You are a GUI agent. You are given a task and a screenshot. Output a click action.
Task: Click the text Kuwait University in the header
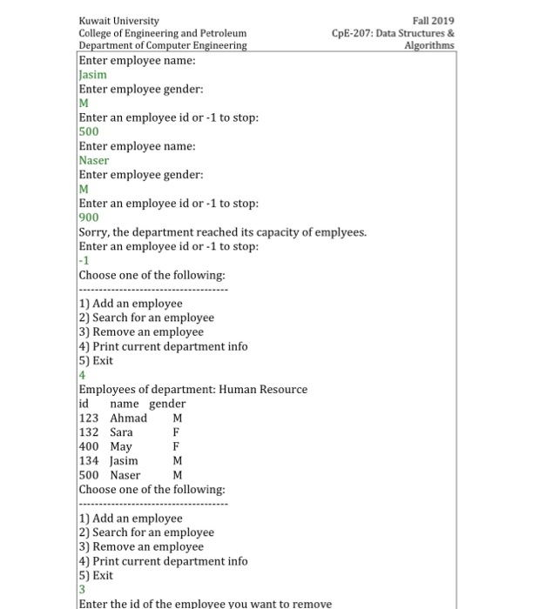point(118,21)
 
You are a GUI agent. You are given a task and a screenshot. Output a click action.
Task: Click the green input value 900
point(89,217)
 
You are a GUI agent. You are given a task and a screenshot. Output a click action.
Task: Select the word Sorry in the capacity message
point(92,232)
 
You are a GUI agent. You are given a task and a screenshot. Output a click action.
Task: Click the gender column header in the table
point(167,404)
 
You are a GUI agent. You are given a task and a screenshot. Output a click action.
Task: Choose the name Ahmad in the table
point(128,418)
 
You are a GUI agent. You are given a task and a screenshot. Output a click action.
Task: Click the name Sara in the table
point(121,432)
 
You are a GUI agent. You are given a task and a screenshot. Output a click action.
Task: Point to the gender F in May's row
point(176,446)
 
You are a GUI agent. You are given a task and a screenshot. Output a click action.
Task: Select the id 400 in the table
point(89,446)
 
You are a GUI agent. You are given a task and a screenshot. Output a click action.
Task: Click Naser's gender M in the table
point(178,475)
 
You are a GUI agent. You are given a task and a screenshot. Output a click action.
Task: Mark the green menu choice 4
point(83,375)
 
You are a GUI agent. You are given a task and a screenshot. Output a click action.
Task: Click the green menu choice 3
point(83,590)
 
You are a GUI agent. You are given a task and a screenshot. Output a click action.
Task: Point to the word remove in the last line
point(313,604)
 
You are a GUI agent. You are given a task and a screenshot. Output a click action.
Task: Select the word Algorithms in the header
point(429,45)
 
